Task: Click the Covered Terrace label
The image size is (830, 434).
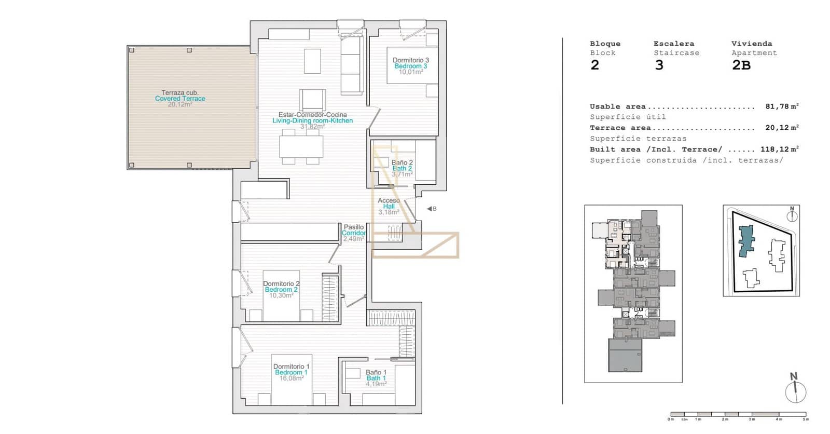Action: (x=180, y=99)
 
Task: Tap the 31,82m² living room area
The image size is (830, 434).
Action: (x=312, y=127)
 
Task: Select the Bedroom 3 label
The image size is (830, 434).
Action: (x=410, y=66)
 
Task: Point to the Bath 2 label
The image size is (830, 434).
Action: (x=402, y=169)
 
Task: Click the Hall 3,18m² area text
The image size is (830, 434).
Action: (x=389, y=212)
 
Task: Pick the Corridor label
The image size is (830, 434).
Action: (x=354, y=233)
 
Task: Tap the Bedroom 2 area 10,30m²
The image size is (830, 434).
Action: (x=281, y=296)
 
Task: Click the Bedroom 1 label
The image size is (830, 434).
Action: (x=291, y=373)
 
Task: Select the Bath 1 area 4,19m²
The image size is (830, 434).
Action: (x=376, y=384)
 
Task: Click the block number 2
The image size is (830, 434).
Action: (x=594, y=65)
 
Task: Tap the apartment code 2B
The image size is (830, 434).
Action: (x=741, y=65)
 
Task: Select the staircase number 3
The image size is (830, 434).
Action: (x=659, y=65)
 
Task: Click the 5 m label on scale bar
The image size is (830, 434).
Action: (x=805, y=419)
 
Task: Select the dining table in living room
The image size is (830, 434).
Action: (x=301, y=146)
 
